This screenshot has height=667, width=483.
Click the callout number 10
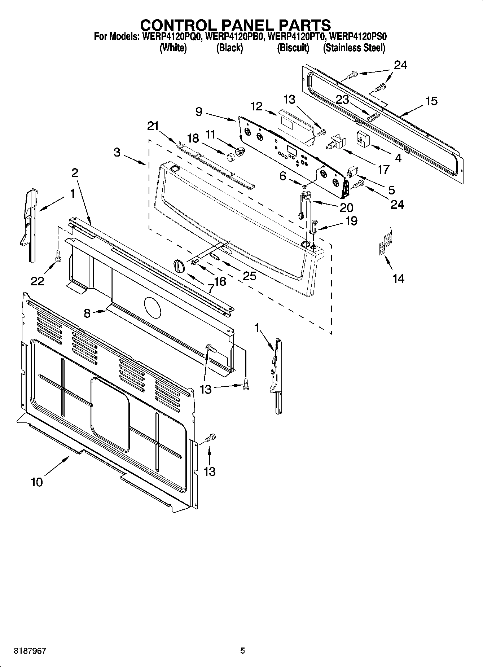click(37, 482)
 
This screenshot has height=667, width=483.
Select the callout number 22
click(37, 281)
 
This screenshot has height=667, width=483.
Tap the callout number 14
click(398, 278)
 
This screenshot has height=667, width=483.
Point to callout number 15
click(431, 101)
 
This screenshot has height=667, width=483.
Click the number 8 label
click(87, 313)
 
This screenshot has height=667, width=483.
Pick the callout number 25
click(250, 276)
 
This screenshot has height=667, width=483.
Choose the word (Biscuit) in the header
click(293, 48)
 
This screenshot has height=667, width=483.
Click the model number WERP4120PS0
click(358, 36)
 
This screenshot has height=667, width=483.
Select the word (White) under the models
click(173, 48)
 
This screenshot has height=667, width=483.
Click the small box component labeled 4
click(362, 139)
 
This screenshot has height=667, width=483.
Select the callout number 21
click(153, 126)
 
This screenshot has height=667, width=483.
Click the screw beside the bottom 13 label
click(210, 438)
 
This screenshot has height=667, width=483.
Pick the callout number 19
click(351, 220)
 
